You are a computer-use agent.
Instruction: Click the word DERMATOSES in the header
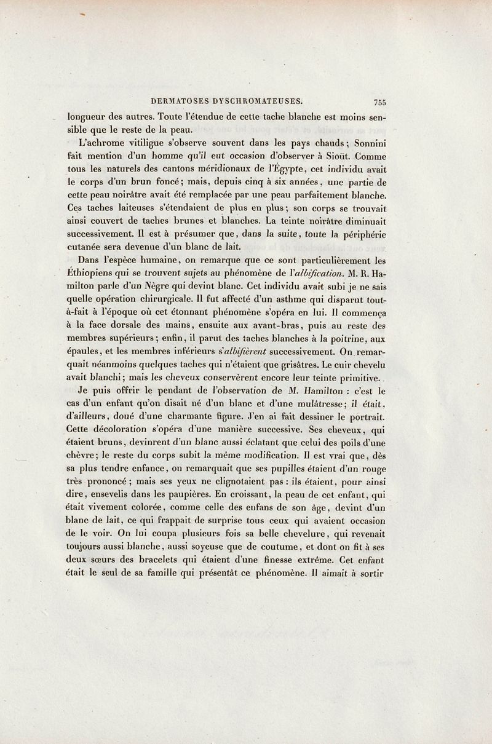click(x=180, y=102)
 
